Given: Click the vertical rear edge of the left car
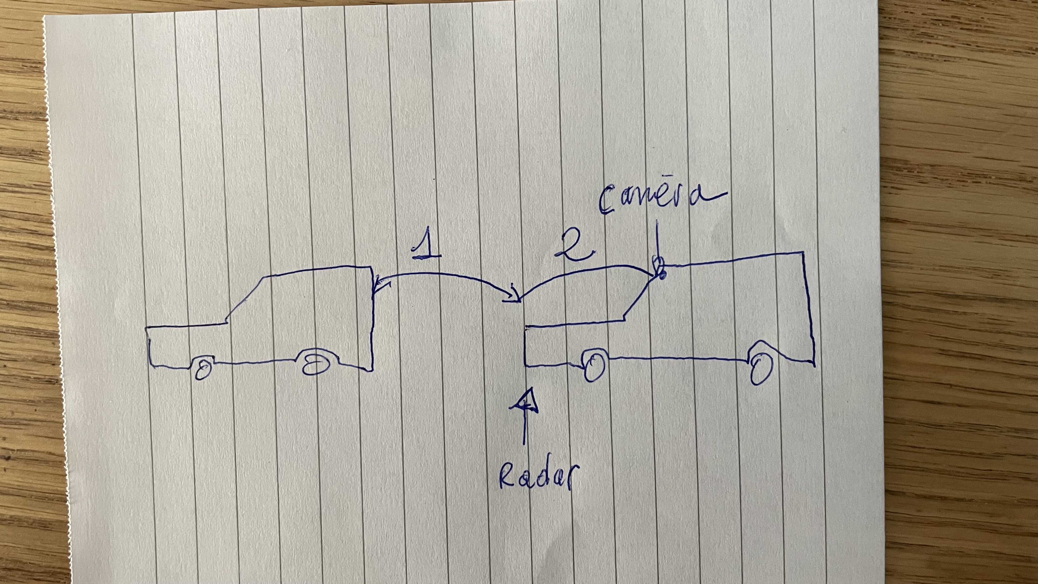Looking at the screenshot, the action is point(371,319).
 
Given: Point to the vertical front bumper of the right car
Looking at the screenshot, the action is point(525,347).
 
